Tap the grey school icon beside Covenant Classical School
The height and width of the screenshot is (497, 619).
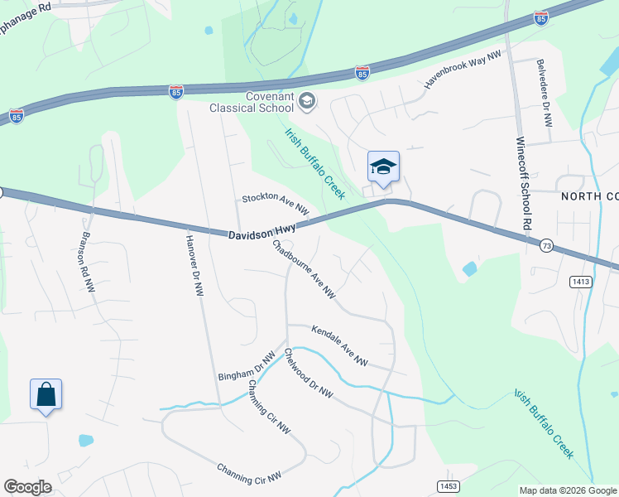point(307,102)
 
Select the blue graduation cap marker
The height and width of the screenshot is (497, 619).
point(383,166)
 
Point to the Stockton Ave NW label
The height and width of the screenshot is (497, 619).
point(276,204)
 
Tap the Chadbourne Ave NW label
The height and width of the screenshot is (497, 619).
point(304,268)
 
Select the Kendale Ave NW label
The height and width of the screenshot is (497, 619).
point(339,346)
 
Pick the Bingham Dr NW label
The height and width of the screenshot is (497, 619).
point(246,365)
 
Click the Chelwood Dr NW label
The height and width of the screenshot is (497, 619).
point(308,374)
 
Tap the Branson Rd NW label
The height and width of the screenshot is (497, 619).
point(85,259)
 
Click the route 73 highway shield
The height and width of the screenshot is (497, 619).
point(545,246)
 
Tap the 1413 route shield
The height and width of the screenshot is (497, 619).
point(581,282)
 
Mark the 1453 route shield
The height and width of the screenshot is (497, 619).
point(447,485)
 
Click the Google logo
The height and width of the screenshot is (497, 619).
point(27,487)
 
